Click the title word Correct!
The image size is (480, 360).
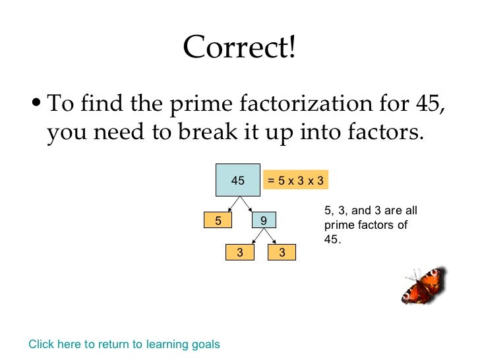[240, 47]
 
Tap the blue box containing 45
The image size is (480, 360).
[237, 180]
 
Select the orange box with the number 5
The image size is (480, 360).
[218, 221]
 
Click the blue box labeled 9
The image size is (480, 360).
[264, 221]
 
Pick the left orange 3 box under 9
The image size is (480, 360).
[241, 252]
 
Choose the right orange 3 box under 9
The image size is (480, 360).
[282, 252]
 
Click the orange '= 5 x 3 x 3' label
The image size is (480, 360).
[295, 180]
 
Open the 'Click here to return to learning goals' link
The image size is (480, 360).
[125, 344]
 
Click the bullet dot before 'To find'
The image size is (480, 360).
[38, 104]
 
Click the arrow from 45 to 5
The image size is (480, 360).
[227, 204]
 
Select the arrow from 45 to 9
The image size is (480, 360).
[251, 204]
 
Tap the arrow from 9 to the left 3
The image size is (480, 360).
[251, 236]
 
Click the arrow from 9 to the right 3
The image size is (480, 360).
[273, 236]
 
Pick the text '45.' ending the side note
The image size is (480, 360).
[333, 239]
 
